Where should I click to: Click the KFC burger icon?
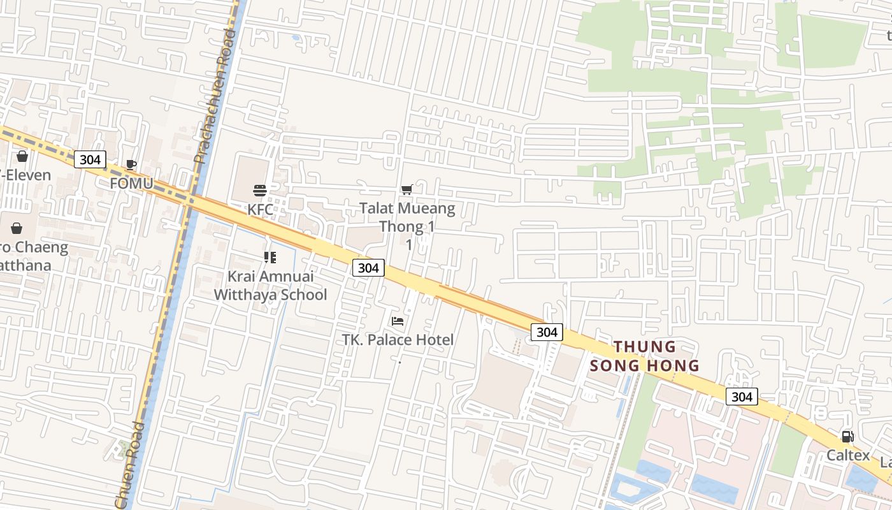point(260,190)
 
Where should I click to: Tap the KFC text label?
point(260,209)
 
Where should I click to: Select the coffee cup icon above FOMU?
point(131,165)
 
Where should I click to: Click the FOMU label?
point(131,184)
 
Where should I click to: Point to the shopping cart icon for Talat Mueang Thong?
point(406,189)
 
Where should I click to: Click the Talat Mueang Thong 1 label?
point(407,217)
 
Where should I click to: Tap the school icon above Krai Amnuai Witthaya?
point(270,258)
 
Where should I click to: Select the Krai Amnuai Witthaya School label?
point(270,286)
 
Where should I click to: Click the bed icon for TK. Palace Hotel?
point(398,321)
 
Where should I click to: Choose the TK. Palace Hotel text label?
point(398,340)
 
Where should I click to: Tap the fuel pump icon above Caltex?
point(847,437)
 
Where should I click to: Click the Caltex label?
point(848,455)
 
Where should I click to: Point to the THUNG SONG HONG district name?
point(644,356)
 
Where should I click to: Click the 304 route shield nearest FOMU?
point(90,159)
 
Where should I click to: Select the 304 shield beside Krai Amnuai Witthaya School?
point(368,268)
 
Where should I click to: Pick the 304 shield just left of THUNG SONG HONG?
point(547,331)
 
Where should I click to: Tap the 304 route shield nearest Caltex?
point(742,397)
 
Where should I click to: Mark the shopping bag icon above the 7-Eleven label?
point(22,156)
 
